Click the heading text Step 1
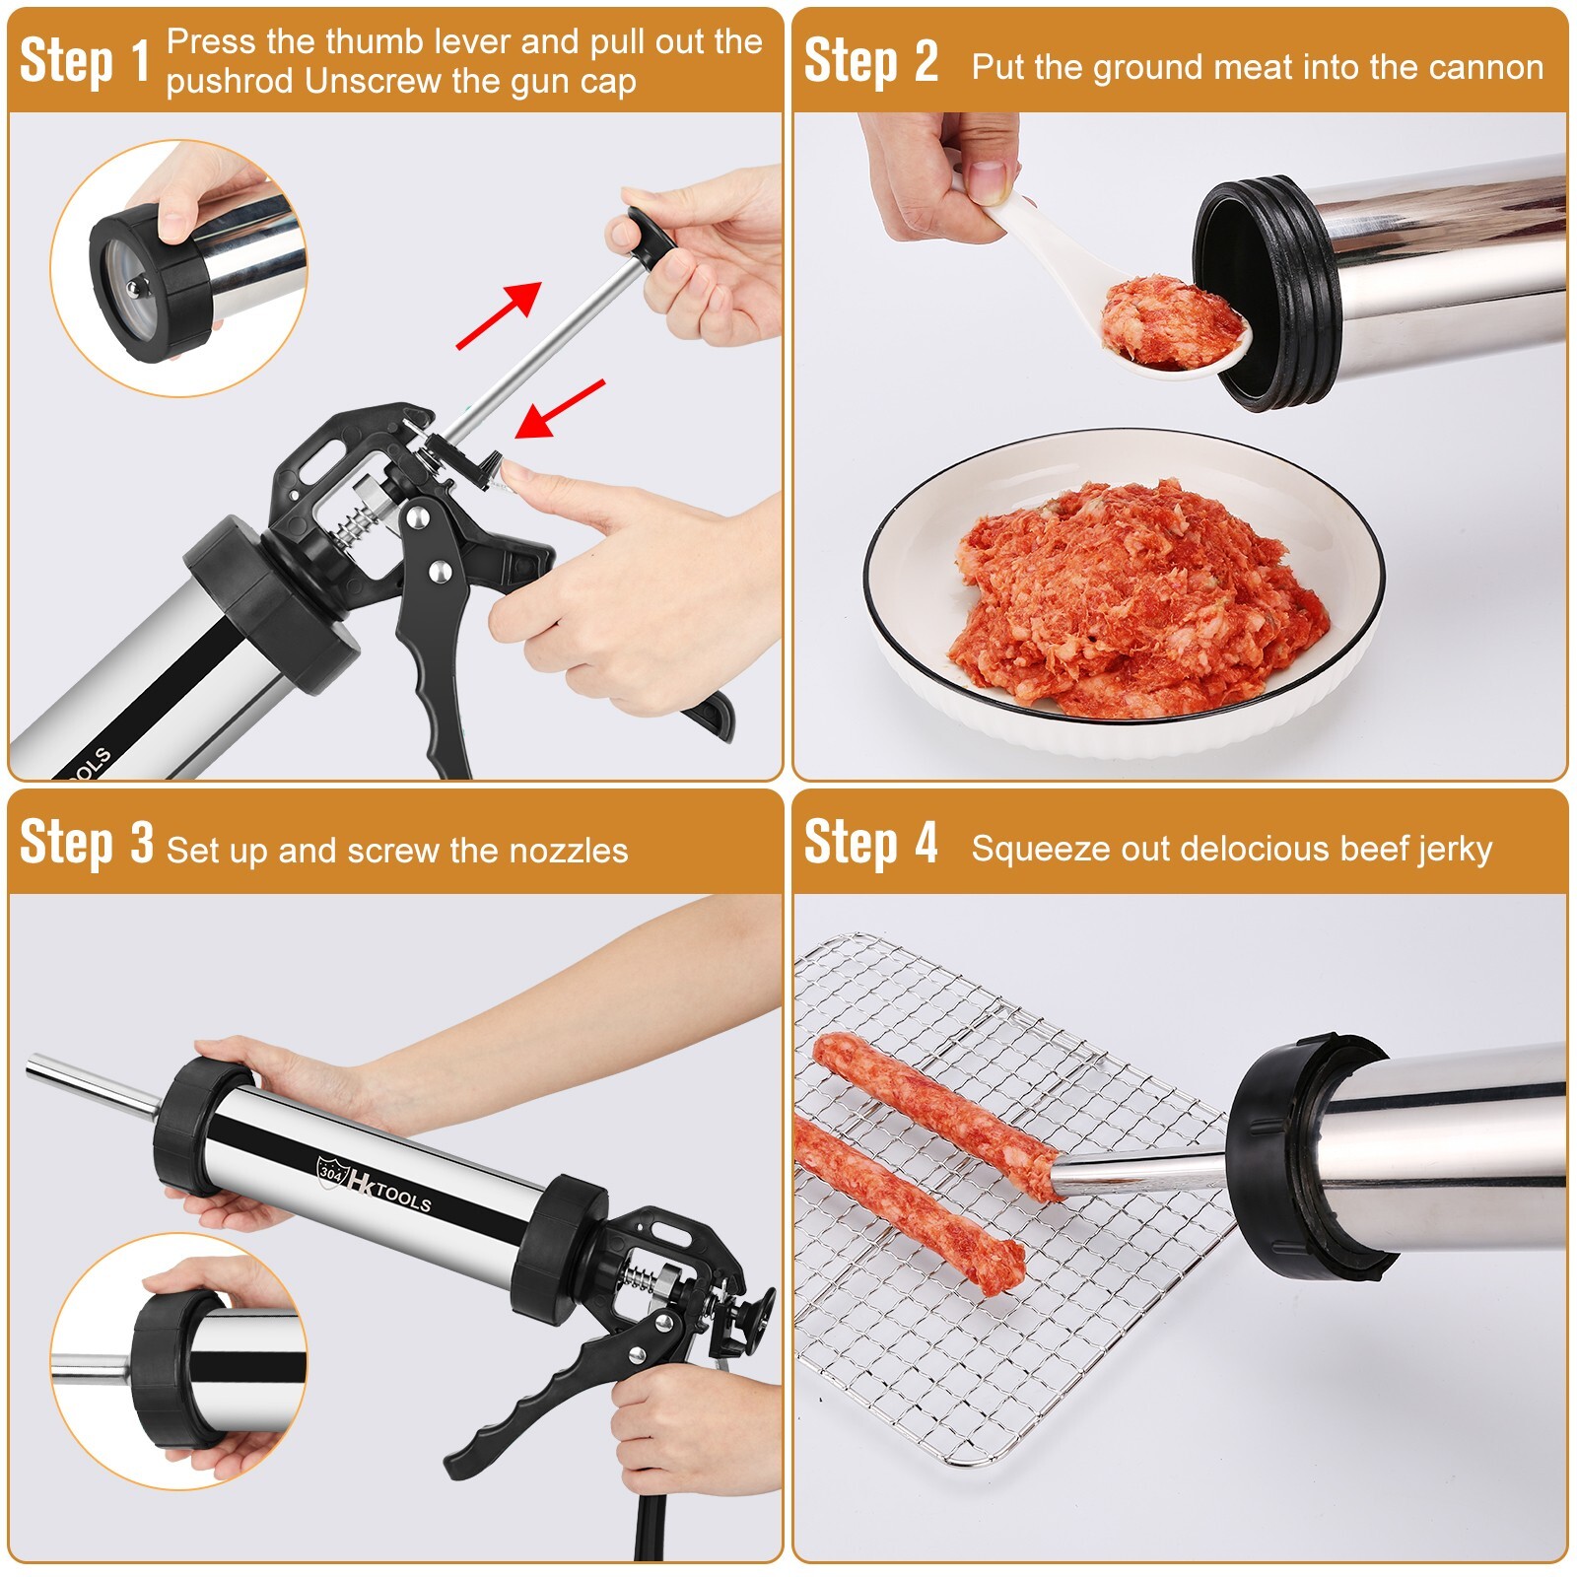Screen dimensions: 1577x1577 [84, 61]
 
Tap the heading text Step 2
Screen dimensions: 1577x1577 [869, 61]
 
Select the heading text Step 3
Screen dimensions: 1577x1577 [86, 844]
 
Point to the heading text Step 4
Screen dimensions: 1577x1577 [869, 844]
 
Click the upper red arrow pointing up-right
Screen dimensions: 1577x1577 [500, 313]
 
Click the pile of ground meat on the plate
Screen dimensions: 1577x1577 [1133, 601]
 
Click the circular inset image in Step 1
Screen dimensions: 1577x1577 [177, 268]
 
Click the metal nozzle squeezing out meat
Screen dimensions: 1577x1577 [1133, 1173]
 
